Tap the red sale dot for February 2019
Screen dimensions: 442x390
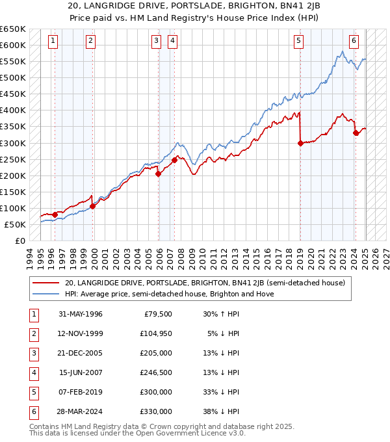pos(300,144)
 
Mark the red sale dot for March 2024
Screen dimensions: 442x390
pos(356,133)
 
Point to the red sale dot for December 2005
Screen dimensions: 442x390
pos(159,174)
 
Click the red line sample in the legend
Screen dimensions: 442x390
pos(45,283)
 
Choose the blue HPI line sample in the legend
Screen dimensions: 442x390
pos(45,294)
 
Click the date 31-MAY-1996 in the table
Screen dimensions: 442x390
pos(81,314)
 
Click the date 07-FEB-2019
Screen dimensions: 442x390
pos(81,392)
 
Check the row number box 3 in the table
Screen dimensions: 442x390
pos(32,353)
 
